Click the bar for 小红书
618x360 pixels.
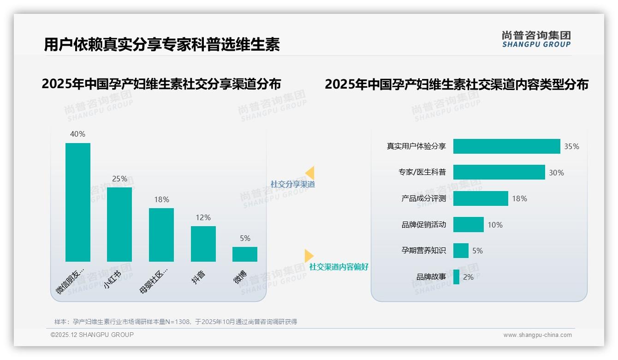click(x=119, y=224)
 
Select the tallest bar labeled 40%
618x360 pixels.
click(x=78, y=202)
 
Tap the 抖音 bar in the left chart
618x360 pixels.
click(x=203, y=244)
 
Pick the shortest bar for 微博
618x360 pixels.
click(x=245, y=254)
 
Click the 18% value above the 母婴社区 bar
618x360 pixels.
click(x=161, y=200)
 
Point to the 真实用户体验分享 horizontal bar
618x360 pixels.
click(x=506, y=146)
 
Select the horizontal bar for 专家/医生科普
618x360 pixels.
click(x=499, y=172)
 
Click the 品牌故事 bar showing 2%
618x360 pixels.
click(x=456, y=277)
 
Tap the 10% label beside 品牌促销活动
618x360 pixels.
click(x=495, y=225)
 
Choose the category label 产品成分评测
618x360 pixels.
click(x=423, y=199)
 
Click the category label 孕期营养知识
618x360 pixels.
click(x=423, y=251)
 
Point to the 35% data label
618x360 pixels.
click(x=571, y=147)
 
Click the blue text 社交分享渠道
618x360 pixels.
click(x=292, y=184)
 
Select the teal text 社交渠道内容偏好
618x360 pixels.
click(x=339, y=267)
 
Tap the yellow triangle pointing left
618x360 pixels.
click(x=310, y=173)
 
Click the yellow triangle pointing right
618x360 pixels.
click(x=309, y=255)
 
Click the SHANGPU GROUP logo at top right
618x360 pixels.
click(x=536, y=39)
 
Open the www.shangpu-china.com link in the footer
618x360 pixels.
click(x=537, y=335)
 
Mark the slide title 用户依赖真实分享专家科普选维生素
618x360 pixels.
click(x=162, y=45)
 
